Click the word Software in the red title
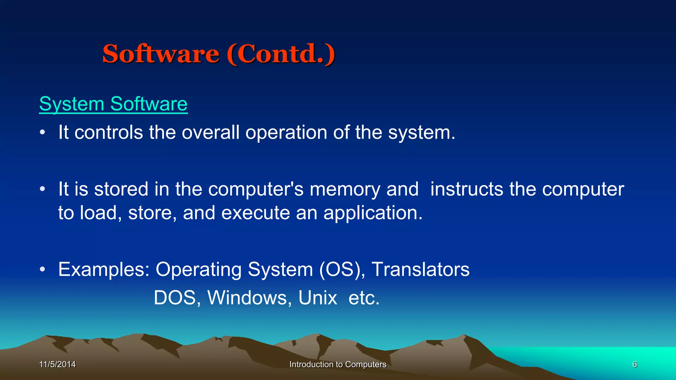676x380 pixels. (161, 54)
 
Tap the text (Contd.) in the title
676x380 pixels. (281, 54)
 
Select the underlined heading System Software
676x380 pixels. (113, 104)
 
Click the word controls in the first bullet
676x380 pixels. (109, 133)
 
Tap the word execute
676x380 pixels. (255, 213)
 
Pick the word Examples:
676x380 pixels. (104, 270)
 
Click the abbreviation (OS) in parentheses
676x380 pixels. (342, 269)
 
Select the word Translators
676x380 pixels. (421, 269)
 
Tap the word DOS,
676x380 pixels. (177, 298)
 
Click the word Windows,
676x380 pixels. (250, 298)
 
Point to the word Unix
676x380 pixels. (318, 298)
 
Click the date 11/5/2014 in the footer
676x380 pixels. (57, 364)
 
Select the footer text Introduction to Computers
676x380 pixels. (338, 364)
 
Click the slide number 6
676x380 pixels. (634, 364)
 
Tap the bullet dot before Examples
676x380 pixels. (42, 269)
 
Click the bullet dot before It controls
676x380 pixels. (42, 133)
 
